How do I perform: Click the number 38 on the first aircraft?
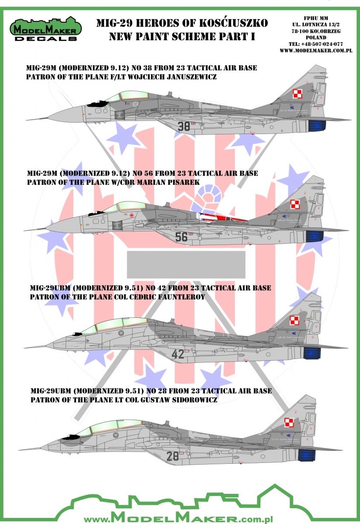click(x=184, y=126)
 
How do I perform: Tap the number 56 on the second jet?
click(x=181, y=237)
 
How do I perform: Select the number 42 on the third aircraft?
click(x=178, y=354)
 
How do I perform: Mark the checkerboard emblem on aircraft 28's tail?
click(x=290, y=422)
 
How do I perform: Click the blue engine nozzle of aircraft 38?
click(x=316, y=126)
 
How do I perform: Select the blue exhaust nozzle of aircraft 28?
click(x=308, y=455)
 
